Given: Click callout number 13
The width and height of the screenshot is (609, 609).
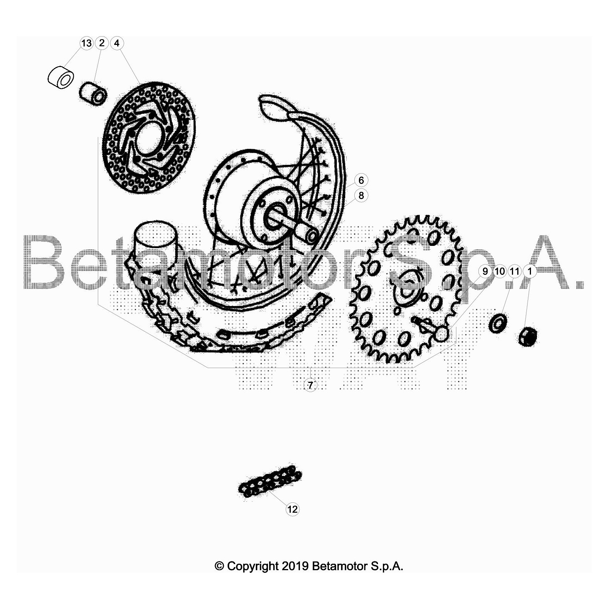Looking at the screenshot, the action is (x=86, y=43).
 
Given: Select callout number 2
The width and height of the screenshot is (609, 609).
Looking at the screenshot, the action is (x=102, y=43).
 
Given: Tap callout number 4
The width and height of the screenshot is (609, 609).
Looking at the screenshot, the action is (x=117, y=43).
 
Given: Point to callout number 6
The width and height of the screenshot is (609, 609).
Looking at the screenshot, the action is (x=361, y=180).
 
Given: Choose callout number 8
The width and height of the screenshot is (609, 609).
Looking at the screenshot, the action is (x=361, y=195).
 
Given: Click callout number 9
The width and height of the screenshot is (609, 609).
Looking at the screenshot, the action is (x=485, y=271).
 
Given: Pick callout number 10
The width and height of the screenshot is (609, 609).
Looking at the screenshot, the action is (x=500, y=271).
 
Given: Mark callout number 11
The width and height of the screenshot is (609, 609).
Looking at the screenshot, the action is (x=515, y=271).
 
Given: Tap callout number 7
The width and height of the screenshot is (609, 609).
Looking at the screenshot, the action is (x=310, y=385).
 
